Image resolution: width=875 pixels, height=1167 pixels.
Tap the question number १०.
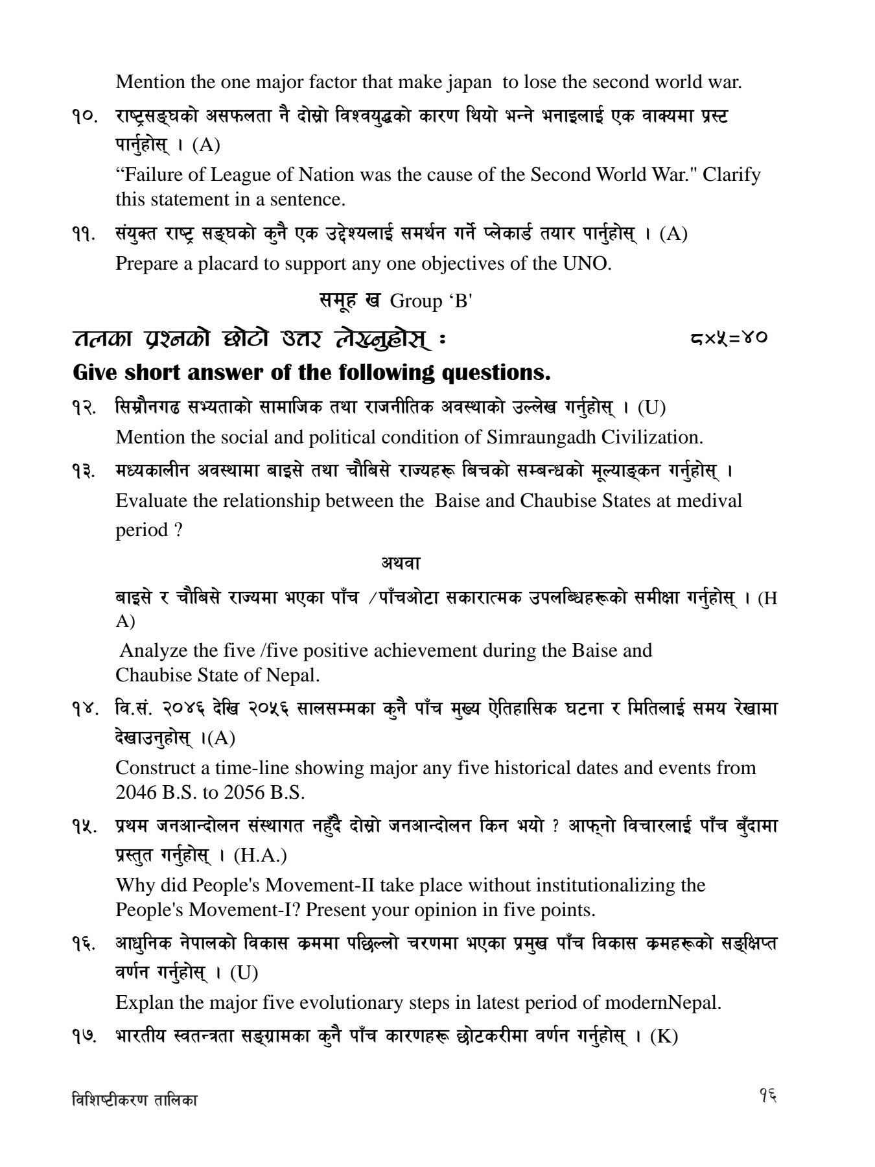(x=86, y=117)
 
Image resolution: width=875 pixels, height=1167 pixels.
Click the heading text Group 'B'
(x=431, y=301)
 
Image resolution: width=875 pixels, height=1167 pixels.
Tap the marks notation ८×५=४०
(x=729, y=338)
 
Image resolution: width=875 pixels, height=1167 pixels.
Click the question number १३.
(x=86, y=471)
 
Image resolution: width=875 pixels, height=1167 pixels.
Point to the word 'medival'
(x=709, y=501)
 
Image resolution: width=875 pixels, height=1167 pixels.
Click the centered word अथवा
(x=401, y=563)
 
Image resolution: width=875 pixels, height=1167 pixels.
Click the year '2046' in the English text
(x=137, y=792)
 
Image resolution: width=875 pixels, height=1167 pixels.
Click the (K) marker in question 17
(x=663, y=1036)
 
